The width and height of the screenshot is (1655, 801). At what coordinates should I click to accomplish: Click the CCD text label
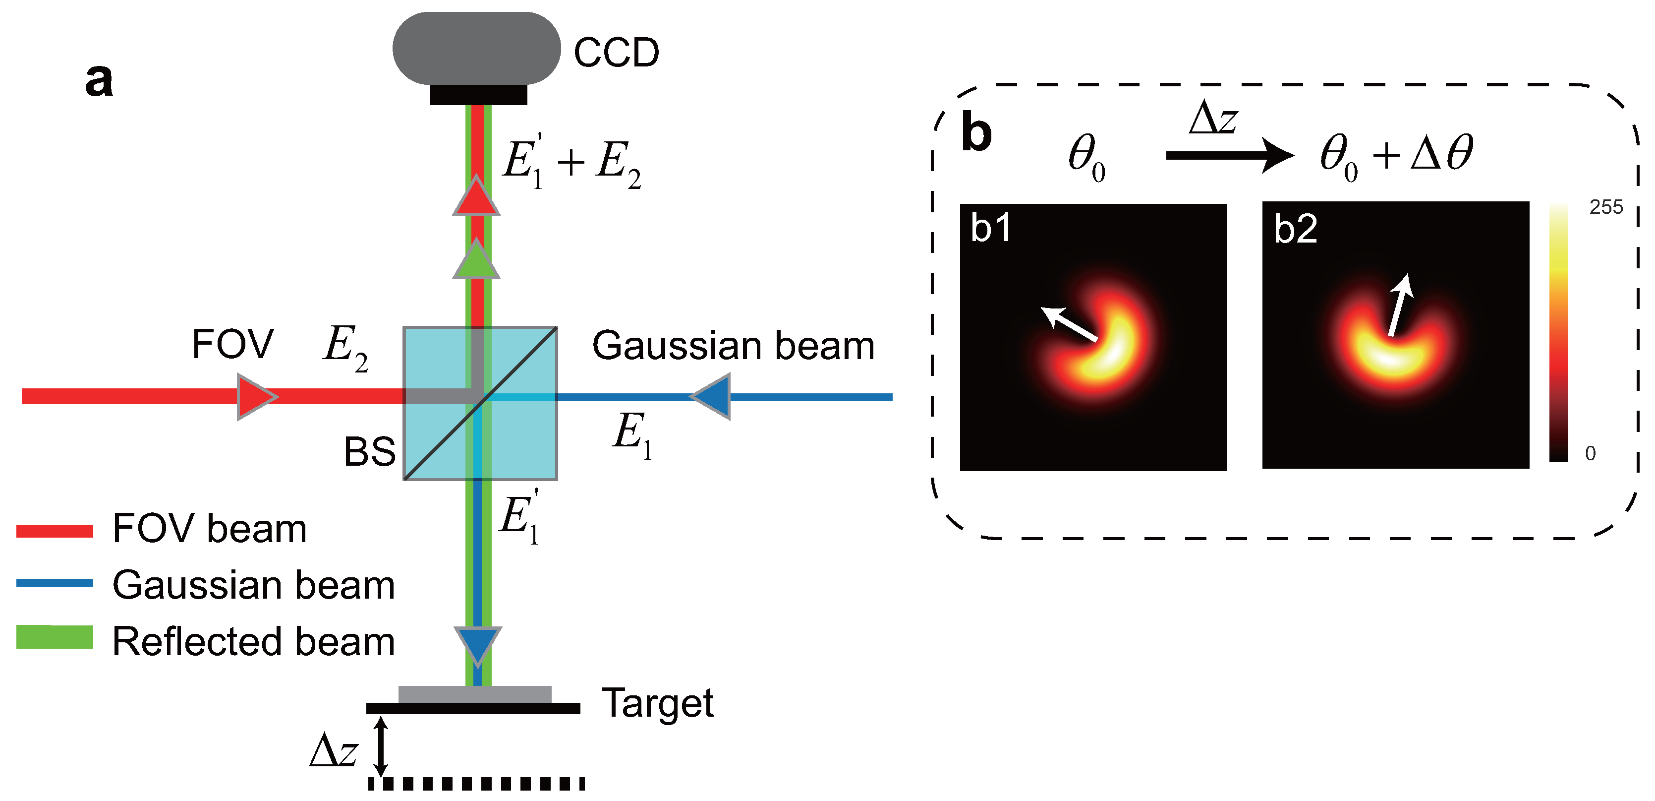616,52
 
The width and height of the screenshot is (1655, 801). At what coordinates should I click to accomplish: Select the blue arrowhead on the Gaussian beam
712,397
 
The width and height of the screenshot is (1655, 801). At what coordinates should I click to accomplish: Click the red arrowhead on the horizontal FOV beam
255,397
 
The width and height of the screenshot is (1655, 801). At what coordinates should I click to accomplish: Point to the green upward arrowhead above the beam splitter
476,260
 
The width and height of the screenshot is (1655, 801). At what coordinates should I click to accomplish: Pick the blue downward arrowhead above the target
477,645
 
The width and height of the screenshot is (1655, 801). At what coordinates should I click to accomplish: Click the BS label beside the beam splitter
369,451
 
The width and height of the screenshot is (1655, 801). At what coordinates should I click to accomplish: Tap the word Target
657,703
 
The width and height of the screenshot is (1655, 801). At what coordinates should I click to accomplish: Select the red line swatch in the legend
55,530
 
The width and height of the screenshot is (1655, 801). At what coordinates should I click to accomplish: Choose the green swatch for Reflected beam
55,637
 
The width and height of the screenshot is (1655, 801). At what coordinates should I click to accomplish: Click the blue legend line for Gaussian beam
55,583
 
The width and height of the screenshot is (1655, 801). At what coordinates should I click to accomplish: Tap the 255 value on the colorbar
1605,207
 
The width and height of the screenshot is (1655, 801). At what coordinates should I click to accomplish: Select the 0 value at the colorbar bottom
1590,453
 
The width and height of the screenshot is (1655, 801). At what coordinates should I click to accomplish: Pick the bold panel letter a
99,80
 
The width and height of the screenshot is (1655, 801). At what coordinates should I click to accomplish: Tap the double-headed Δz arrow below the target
381,746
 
